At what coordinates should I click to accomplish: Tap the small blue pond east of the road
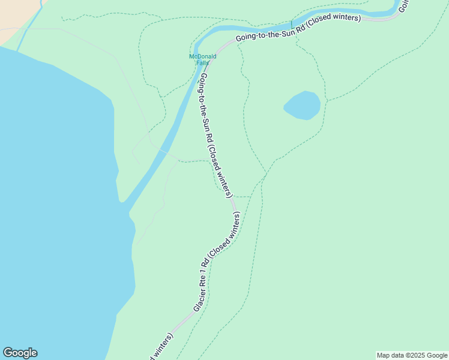point(302,106)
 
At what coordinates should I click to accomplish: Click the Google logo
point(20,352)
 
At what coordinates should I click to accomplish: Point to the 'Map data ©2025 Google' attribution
point(412,355)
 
